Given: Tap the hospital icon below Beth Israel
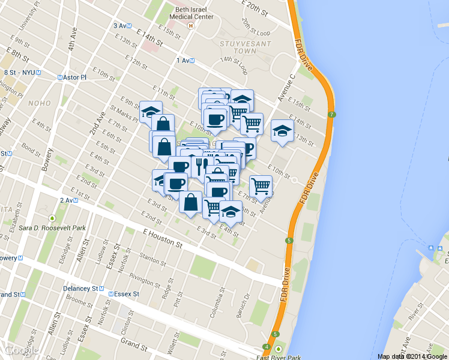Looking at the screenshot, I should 191,26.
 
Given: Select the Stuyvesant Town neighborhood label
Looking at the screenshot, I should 230,47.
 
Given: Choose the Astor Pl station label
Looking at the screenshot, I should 73,77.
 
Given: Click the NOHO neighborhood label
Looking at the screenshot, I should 40,103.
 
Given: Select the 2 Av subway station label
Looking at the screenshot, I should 69,200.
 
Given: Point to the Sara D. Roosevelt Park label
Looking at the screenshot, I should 52,228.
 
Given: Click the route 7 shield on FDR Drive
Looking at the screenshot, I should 331,115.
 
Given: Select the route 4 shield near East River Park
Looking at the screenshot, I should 267,347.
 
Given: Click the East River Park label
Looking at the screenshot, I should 278,357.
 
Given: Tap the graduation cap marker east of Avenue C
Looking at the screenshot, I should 282,132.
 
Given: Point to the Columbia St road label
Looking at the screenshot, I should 221,303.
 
